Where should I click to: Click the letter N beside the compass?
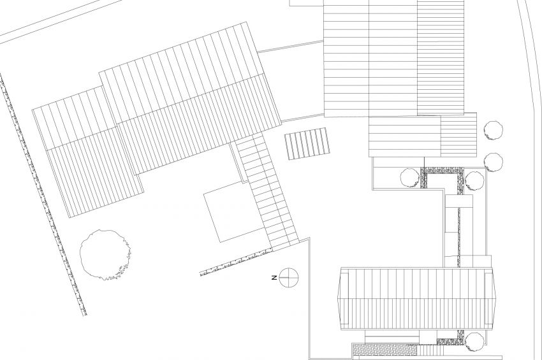[274, 277]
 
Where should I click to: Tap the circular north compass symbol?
[289, 278]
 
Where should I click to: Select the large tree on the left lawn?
[105, 254]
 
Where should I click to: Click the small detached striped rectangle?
[307, 144]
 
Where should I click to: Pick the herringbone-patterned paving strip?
[385, 350]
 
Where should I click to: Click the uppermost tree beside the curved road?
[494, 130]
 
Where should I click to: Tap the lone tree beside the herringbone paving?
[474, 342]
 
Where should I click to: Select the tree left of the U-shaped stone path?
[409, 178]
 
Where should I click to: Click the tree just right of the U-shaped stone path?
[474, 181]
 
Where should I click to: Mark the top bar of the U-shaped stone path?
[442, 171]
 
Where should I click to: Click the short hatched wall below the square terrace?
[235, 263]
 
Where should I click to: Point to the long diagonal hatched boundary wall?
[43, 194]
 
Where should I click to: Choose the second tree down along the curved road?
[494, 162]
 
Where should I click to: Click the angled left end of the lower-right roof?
[343, 298]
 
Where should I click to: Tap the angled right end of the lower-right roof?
[490, 298]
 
